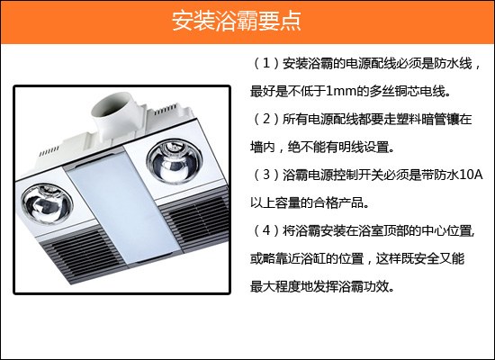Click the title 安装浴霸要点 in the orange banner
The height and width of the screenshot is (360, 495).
point(237,22)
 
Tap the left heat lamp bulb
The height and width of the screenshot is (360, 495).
point(47,204)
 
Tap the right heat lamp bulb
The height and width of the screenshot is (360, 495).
point(174,162)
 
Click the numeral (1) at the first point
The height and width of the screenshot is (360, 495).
point(266,64)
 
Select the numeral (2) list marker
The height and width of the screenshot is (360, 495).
point(266,120)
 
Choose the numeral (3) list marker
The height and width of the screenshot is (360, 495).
point(266,175)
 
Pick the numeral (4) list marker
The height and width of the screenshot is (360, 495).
point(266,230)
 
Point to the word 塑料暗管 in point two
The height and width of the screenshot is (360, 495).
point(421,120)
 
